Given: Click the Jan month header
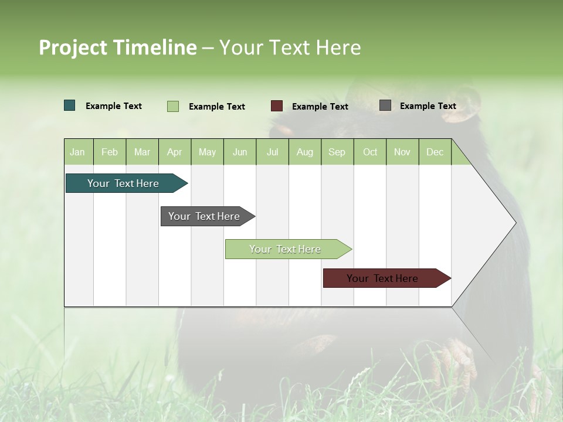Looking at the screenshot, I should coord(78,152).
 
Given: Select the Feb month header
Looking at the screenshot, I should coord(110,152).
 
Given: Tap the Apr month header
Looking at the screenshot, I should coord(175,152).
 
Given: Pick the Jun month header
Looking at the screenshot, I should coord(240,152).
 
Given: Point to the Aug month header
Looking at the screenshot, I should coord(305,152).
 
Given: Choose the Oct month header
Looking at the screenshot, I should coord(370,152).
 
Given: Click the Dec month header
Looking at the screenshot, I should coord(435,152).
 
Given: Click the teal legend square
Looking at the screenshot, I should coord(70,105).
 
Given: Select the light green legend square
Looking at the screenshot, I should coord(173,106).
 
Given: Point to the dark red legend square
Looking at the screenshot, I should coord(277,106).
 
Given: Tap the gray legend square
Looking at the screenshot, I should coord(385,105).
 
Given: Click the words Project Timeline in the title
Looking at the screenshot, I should coord(118,47).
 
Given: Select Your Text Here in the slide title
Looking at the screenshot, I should coord(290,47).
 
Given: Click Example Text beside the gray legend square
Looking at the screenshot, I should coord(428,106).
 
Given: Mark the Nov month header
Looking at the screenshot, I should coord(402,152).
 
